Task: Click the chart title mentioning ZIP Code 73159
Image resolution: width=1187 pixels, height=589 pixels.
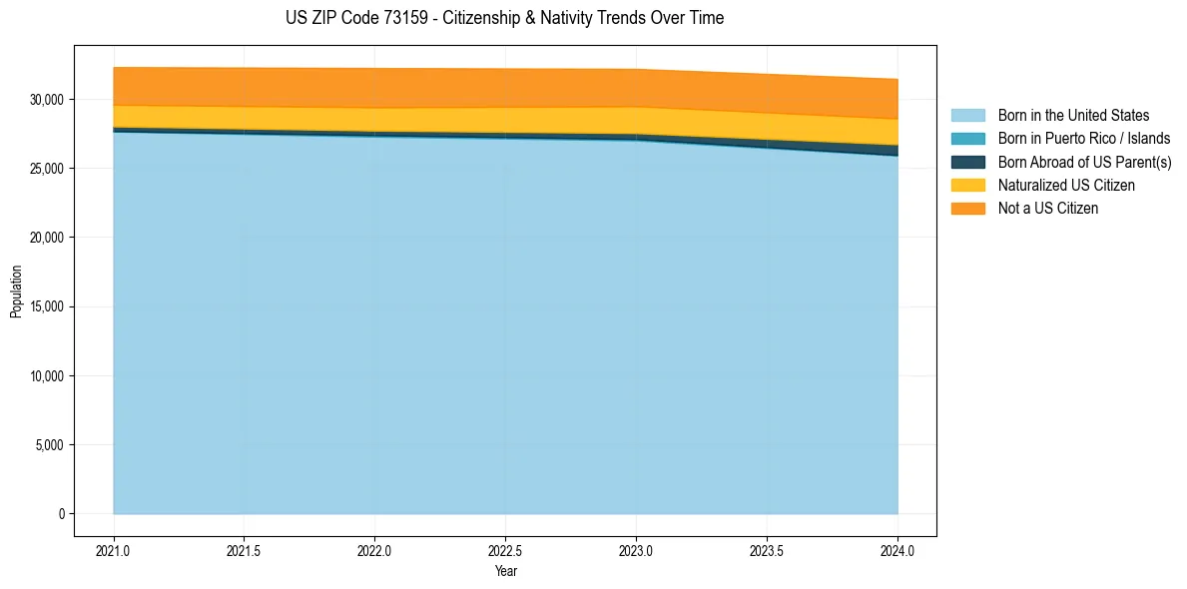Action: [x=504, y=18]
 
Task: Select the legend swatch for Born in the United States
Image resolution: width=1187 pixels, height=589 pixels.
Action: [x=967, y=116]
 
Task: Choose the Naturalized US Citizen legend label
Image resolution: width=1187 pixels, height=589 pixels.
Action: [x=1066, y=185]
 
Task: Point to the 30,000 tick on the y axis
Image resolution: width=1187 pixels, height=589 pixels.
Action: [x=47, y=100]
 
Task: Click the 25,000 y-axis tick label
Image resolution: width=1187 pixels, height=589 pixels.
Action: [x=47, y=169]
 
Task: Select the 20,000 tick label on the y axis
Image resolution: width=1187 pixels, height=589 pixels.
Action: [x=47, y=238]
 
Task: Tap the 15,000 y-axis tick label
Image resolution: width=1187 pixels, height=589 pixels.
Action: [x=47, y=306]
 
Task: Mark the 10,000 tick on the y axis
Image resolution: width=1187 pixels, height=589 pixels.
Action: [x=47, y=376]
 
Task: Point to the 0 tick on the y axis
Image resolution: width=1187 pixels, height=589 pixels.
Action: [x=61, y=514]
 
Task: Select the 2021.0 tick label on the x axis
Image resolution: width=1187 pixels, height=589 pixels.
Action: [x=114, y=550]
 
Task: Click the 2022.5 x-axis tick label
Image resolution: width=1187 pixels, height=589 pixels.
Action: [x=505, y=550]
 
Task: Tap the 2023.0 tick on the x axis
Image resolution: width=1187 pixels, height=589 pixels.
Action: [x=636, y=550]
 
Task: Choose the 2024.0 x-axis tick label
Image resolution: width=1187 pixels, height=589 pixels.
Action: [x=897, y=550]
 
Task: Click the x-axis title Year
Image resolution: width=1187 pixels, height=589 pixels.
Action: [x=505, y=571]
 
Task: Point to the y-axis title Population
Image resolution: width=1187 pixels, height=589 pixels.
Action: [x=16, y=292]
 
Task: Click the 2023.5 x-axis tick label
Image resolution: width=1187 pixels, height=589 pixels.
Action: [x=767, y=550]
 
